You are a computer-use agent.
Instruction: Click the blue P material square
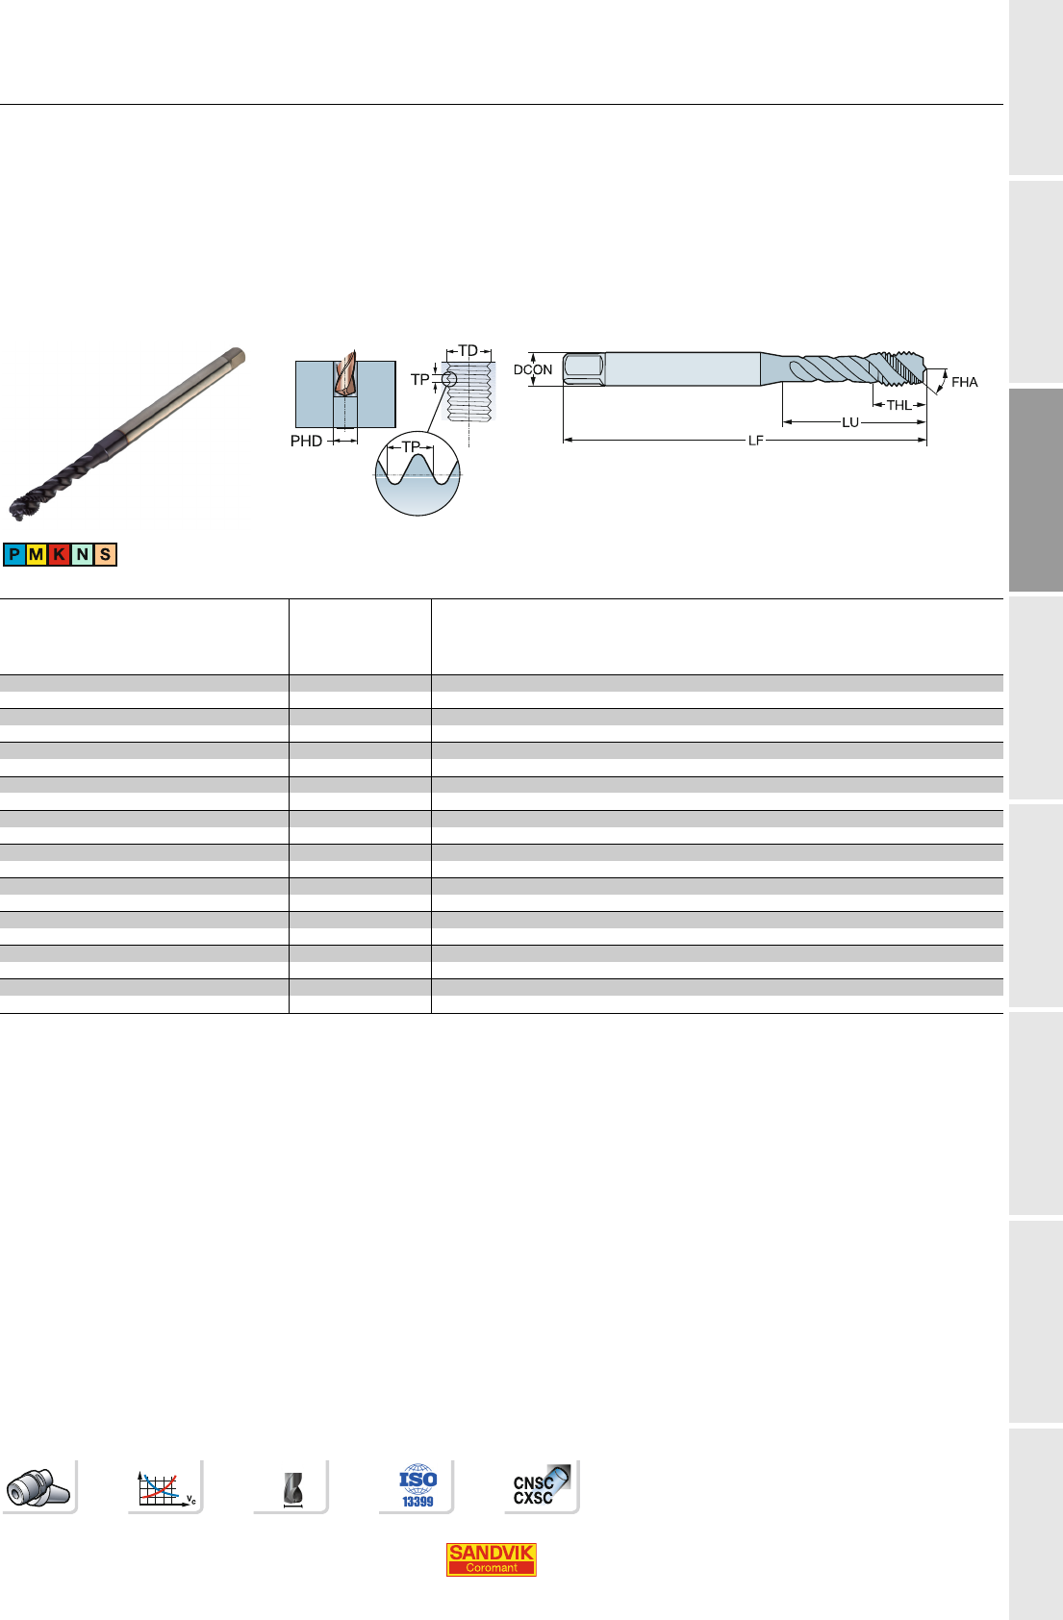click(x=14, y=555)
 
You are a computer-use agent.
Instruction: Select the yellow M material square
click(x=37, y=555)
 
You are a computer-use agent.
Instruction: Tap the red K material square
click(x=60, y=555)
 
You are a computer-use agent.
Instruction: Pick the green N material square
click(x=82, y=555)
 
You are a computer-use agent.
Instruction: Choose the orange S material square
click(x=105, y=555)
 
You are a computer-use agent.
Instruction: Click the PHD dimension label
click(x=306, y=442)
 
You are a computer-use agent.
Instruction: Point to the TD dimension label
click(x=468, y=351)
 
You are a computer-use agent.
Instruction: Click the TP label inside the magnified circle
click(x=411, y=447)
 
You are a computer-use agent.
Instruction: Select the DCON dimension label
click(x=533, y=369)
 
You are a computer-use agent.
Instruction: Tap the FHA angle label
click(x=965, y=382)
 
